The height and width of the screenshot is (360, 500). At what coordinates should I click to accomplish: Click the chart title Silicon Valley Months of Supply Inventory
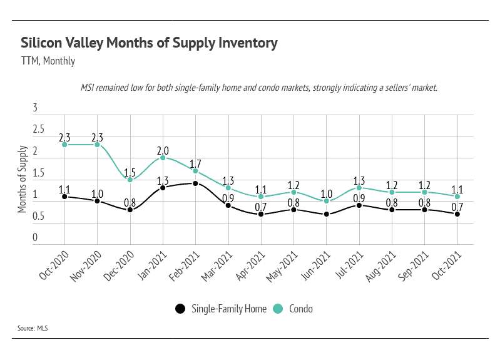pos(149,43)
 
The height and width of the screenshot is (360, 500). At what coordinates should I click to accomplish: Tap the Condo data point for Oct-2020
pos(64,145)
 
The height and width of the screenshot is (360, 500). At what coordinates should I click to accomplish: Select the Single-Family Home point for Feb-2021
pos(196,183)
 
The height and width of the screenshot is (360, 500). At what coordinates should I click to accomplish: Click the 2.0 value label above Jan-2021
pos(163,151)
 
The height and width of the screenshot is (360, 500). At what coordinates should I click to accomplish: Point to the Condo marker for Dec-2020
pos(130,180)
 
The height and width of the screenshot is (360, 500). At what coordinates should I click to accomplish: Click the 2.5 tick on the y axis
pos(39,130)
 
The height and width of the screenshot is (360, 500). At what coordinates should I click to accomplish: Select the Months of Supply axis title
pos(23,179)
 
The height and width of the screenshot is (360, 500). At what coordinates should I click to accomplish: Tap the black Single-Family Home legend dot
pos(180,309)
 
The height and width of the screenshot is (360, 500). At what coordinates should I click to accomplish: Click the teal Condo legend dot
pos(278,309)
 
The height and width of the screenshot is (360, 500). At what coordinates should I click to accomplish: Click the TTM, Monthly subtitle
pos(48,61)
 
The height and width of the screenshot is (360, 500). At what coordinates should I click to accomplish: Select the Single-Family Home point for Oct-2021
pos(457,214)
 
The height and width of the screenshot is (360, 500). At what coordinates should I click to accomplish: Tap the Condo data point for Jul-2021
pos(359,188)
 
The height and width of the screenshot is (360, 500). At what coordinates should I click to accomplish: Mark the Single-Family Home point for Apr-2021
pos(261,214)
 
